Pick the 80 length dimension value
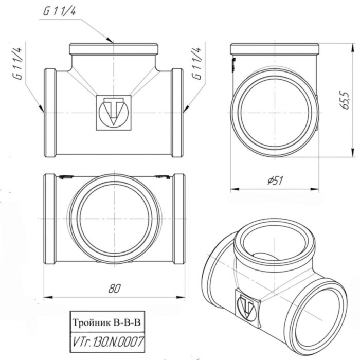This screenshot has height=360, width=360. click(114, 289)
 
